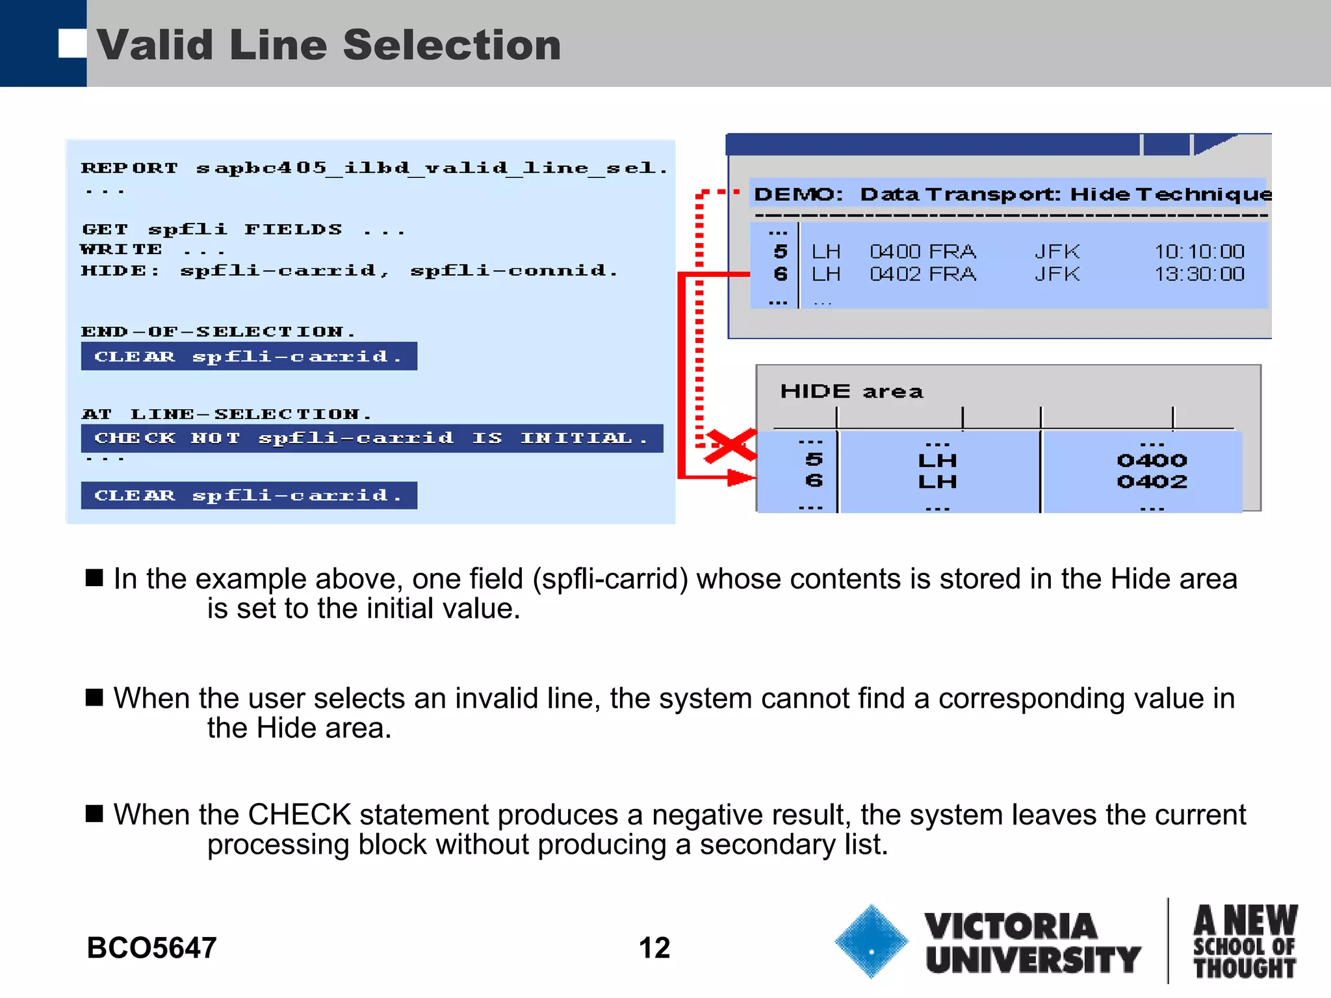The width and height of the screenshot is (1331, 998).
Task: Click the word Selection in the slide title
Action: pyautogui.click(x=451, y=45)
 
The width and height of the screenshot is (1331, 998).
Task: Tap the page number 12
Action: pyautogui.click(x=654, y=948)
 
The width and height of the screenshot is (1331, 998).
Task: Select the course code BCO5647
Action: pyautogui.click(x=151, y=948)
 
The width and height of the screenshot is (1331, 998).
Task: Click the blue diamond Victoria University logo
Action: pyautogui.click(x=871, y=941)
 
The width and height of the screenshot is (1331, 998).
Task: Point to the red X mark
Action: pyautogui.click(x=731, y=446)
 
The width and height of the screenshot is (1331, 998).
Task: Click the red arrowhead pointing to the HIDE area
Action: pyautogui.click(x=742, y=478)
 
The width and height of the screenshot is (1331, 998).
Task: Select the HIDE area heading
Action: pyautogui.click(x=851, y=391)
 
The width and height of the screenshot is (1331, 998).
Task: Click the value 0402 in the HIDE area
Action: pyautogui.click(x=1152, y=481)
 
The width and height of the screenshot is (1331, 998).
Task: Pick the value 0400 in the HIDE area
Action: pyautogui.click(x=1152, y=461)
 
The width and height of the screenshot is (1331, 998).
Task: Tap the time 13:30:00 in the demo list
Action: pyautogui.click(x=1199, y=274)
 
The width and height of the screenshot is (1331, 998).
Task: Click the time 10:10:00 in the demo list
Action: pyautogui.click(x=1199, y=251)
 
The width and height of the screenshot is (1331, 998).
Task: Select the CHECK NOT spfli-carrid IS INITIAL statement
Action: pyautogui.click(x=372, y=439)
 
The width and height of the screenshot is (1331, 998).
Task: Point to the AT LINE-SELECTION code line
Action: pyautogui.click(x=226, y=415)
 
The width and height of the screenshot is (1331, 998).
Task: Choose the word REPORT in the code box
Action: pyautogui.click(x=129, y=168)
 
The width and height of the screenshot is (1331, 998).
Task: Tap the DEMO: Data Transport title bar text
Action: pyautogui.click(x=1011, y=194)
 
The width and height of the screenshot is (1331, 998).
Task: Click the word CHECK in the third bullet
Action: pyautogui.click(x=300, y=815)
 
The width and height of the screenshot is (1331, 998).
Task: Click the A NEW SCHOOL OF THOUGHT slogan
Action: pyautogui.click(x=1245, y=941)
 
